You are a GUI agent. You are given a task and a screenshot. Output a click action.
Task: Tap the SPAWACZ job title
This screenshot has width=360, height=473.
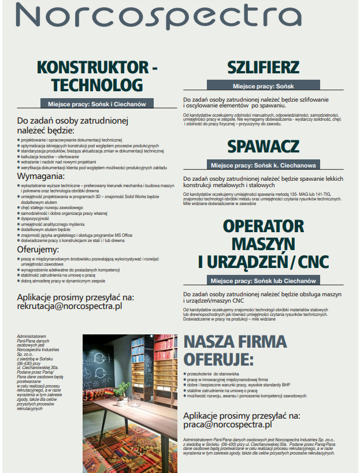click(x=263, y=146)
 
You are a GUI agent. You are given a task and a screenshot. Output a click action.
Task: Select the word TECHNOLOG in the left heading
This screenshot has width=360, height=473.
click(x=97, y=85)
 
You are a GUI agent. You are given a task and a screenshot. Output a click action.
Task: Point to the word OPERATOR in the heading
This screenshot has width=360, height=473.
click(x=263, y=226)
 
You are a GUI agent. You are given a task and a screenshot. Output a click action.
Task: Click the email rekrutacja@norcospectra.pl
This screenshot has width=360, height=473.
click(x=69, y=307)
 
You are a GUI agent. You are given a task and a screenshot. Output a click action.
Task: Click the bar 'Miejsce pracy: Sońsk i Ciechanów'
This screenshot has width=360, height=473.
click(x=97, y=104)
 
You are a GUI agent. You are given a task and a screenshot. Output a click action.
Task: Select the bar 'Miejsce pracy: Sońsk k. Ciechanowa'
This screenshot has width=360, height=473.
click(x=263, y=165)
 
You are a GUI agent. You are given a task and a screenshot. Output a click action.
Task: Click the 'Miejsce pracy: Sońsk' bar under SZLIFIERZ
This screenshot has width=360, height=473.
click(x=263, y=86)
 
